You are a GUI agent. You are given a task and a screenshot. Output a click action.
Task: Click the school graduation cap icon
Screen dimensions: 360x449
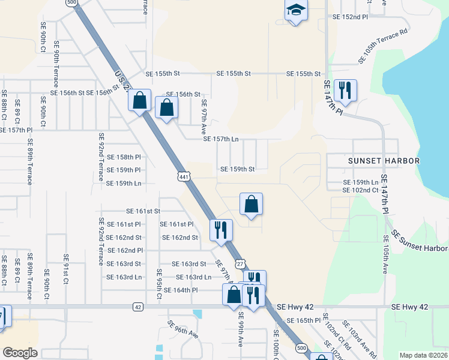point(296,10)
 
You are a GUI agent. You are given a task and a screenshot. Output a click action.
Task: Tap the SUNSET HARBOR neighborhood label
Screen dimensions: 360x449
point(384,161)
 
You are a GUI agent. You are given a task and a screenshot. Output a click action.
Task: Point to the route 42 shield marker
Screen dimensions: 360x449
point(138,307)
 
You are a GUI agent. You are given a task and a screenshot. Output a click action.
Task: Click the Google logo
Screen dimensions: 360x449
point(20,352)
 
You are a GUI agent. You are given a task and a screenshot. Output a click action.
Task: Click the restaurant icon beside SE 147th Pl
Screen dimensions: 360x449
point(345,91)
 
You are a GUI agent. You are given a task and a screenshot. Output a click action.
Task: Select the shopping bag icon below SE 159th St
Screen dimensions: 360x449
point(252,204)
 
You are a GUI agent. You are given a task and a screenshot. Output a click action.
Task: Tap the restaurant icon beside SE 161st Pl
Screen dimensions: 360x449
point(221,229)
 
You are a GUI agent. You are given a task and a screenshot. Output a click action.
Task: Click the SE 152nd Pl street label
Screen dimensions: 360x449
point(350,17)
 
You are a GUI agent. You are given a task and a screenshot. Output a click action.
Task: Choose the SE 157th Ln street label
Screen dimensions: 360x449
point(221,139)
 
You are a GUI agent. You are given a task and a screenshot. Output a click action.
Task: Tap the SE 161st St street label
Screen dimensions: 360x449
point(143,211)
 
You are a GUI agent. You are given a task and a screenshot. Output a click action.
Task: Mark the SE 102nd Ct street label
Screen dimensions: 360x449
point(360,190)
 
